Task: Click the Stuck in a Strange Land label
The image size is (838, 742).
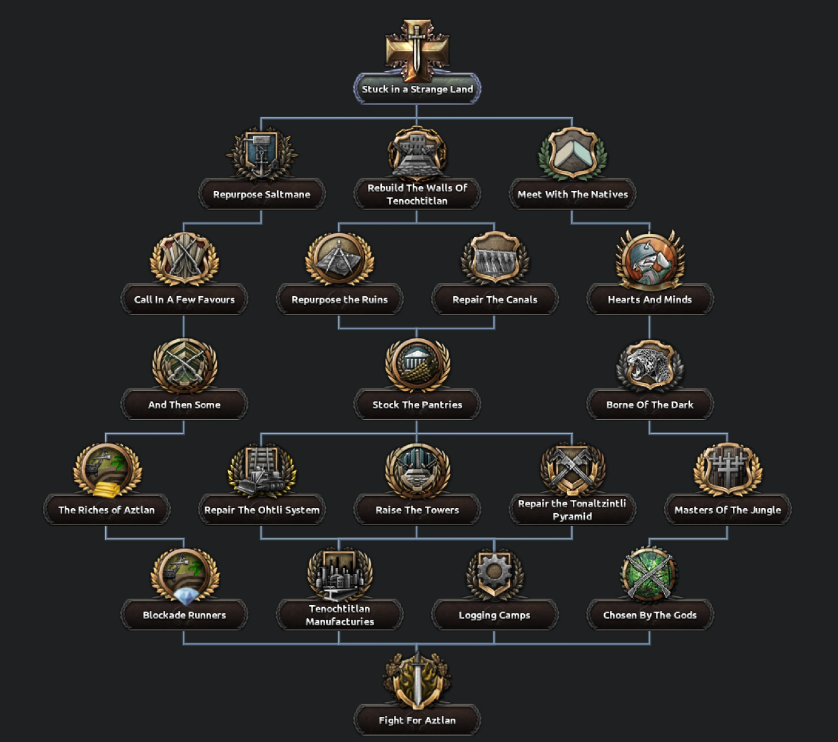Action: coord(417,89)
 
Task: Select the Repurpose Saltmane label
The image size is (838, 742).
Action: coord(262,194)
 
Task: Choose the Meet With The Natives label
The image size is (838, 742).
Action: coord(572,194)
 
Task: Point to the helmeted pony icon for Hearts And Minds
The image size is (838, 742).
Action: coord(650,261)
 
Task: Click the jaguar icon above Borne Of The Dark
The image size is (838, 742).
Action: coord(650,365)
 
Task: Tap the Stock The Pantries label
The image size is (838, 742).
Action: coord(417,405)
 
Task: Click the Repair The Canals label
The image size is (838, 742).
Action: coord(495,299)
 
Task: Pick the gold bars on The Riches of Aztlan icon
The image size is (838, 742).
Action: coord(106,489)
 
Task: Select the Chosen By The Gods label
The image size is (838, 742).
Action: coord(650,615)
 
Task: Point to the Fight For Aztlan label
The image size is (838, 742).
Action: coord(417,720)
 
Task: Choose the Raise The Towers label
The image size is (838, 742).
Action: coord(417,510)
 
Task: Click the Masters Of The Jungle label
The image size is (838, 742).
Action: coord(728,510)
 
